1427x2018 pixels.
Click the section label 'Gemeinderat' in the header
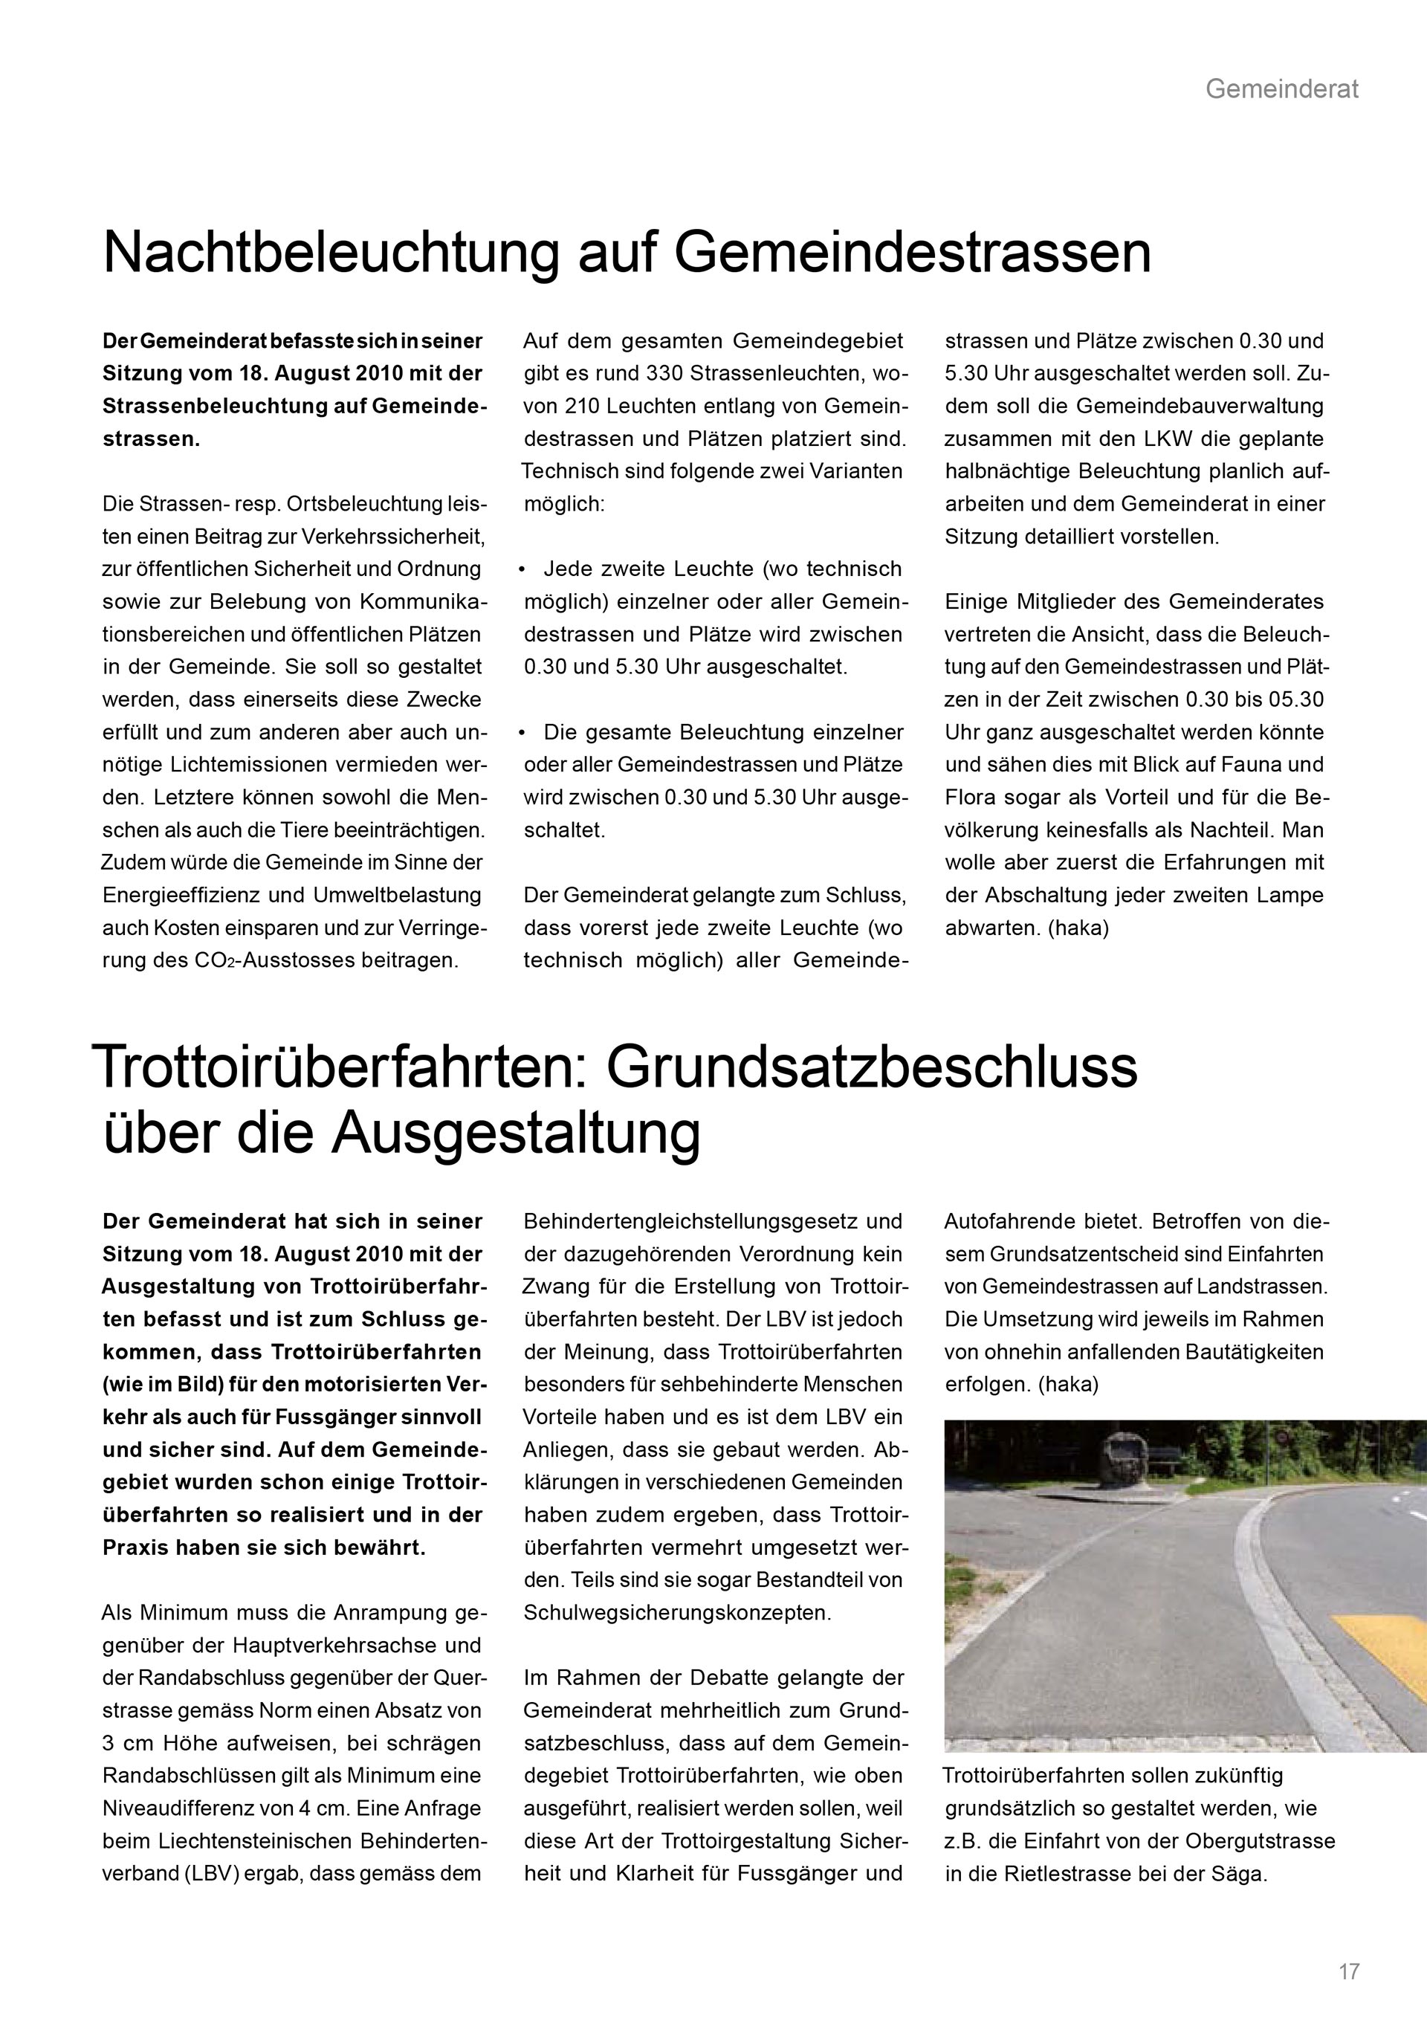pyautogui.click(x=1281, y=88)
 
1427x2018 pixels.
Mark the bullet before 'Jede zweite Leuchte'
pyautogui.click(x=522, y=569)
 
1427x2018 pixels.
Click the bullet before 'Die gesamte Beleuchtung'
pyautogui.click(x=522, y=732)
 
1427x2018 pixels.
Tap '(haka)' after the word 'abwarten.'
pyautogui.click(x=1078, y=928)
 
